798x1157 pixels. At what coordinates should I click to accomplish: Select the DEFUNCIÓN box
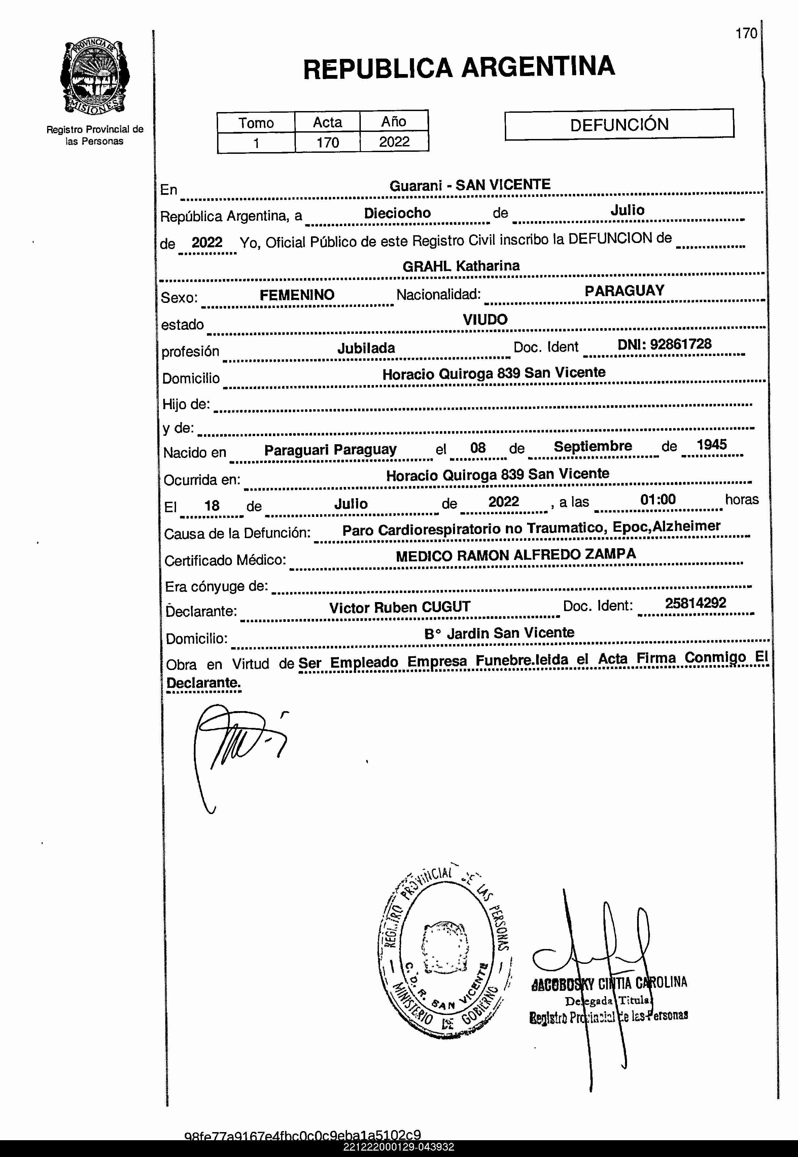click(x=619, y=124)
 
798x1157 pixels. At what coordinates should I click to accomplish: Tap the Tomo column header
click(x=256, y=122)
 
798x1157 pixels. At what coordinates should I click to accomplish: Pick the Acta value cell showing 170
click(x=327, y=142)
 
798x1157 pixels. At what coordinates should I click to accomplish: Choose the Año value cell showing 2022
click(x=394, y=142)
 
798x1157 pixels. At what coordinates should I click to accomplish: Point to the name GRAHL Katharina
click(x=460, y=266)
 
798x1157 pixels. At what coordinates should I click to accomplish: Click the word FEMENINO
click(x=297, y=295)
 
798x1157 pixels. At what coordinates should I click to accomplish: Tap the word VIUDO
click(x=485, y=319)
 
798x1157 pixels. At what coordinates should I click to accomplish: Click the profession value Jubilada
click(x=366, y=348)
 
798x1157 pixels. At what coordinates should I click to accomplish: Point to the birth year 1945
click(x=711, y=445)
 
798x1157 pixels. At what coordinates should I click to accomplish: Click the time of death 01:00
click(x=658, y=499)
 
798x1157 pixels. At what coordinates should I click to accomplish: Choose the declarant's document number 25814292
click(x=695, y=603)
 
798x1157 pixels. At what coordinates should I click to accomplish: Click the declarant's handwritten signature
click(x=235, y=745)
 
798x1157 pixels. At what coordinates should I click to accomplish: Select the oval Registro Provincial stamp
click(x=444, y=952)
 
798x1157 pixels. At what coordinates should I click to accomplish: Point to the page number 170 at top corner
click(x=746, y=34)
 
